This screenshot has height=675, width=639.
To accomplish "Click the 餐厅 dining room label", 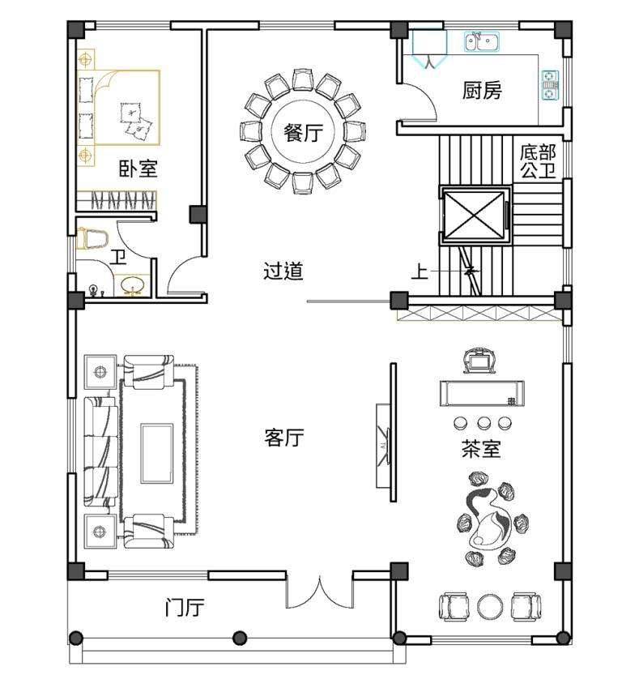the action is click(303, 132).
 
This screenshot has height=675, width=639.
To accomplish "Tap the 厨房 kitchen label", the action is click(482, 91).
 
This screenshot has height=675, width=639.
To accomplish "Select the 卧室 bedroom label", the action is click(138, 169).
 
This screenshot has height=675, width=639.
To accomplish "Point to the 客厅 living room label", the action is click(283, 438).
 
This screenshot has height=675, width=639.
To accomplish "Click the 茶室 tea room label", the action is click(480, 449).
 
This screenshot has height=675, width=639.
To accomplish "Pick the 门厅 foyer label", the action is click(184, 608).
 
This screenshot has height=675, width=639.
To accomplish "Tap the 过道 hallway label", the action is click(283, 271).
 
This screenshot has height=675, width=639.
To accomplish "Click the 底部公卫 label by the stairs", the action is click(538, 161).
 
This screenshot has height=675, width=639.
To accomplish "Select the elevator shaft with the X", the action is click(474, 216).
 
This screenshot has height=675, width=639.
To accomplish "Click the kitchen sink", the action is click(482, 42).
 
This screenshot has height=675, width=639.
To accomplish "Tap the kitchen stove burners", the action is click(551, 85).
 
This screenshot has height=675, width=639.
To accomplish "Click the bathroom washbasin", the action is click(132, 286).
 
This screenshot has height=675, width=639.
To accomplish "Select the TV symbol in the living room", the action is click(383, 446).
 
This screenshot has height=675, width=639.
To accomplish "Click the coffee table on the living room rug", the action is click(157, 453).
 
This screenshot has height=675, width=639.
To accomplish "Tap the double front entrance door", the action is click(319, 591).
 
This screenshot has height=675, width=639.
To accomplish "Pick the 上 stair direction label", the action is click(420, 271).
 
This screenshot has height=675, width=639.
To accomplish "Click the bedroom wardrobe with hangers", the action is click(116, 201).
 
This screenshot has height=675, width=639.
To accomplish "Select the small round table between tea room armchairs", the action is click(490, 607).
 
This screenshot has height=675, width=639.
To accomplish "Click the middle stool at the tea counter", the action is click(484, 423).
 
